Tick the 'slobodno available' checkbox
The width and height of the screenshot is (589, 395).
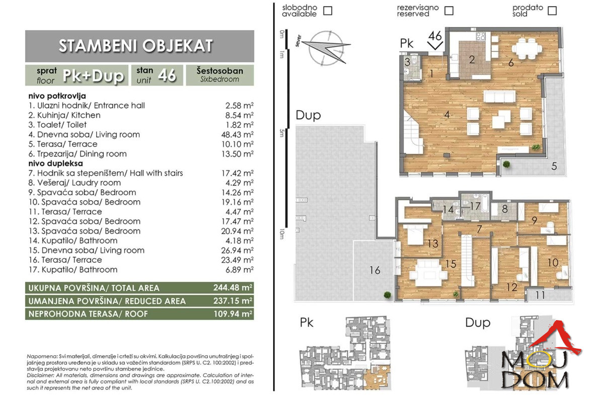pyautogui.click(x=328, y=11)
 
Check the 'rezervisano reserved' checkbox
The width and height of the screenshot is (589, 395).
pyautogui.click(x=449, y=11)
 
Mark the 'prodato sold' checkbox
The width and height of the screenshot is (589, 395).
pyautogui.click(x=552, y=11)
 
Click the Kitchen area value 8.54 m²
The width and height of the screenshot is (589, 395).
pyautogui.click(x=239, y=115)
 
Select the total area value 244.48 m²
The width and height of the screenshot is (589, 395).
pyautogui.click(x=233, y=288)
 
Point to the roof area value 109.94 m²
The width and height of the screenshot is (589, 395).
pyautogui.click(x=233, y=313)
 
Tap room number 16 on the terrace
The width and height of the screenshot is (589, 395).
pyautogui.click(x=375, y=270)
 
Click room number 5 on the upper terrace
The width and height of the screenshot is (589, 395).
pyautogui.click(x=554, y=166)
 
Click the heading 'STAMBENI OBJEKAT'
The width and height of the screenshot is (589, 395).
pyautogui.click(x=136, y=46)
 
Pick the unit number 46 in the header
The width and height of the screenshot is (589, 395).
pyautogui.click(x=167, y=75)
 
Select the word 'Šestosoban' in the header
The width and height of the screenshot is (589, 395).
pyautogui.click(x=220, y=70)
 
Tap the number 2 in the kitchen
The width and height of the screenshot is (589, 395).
pyautogui.click(x=472, y=59)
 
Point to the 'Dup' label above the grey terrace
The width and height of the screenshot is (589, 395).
pyautogui.click(x=308, y=115)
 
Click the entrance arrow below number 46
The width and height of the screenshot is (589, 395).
pyautogui.click(x=435, y=46)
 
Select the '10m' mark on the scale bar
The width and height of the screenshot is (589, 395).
pyautogui.click(x=282, y=234)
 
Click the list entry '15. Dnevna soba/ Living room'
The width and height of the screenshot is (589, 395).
pyautogui.click(x=87, y=251)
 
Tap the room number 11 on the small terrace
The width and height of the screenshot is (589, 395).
pyautogui.click(x=540, y=295)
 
